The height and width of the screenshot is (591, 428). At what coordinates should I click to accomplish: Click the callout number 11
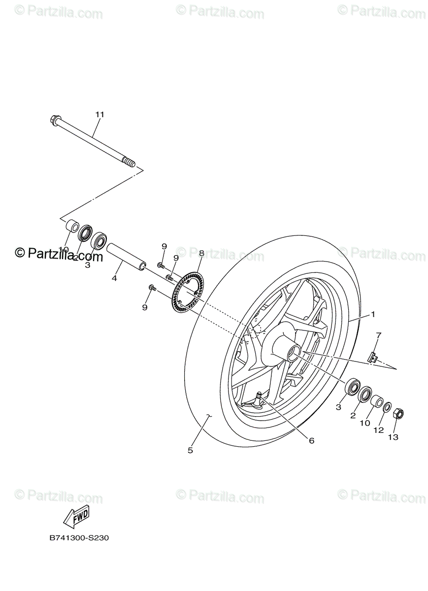(x=99, y=114)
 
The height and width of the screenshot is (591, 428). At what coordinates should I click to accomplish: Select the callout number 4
(x=114, y=278)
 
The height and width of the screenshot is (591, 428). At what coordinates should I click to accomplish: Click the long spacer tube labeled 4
(x=126, y=256)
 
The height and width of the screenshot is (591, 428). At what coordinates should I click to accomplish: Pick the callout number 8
(x=201, y=253)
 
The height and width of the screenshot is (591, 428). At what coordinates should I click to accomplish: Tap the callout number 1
(x=373, y=314)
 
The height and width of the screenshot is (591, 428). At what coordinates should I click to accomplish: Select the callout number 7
(x=378, y=335)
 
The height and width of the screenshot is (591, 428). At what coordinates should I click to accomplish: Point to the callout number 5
(x=190, y=450)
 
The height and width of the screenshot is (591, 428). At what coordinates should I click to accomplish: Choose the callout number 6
(x=311, y=441)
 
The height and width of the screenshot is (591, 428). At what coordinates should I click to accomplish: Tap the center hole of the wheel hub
(x=294, y=353)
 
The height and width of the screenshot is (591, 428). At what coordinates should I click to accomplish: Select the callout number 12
(x=378, y=430)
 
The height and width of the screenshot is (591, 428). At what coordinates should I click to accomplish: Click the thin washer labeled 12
(x=388, y=408)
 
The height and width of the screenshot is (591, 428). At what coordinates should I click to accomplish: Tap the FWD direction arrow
(x=76, y=517)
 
